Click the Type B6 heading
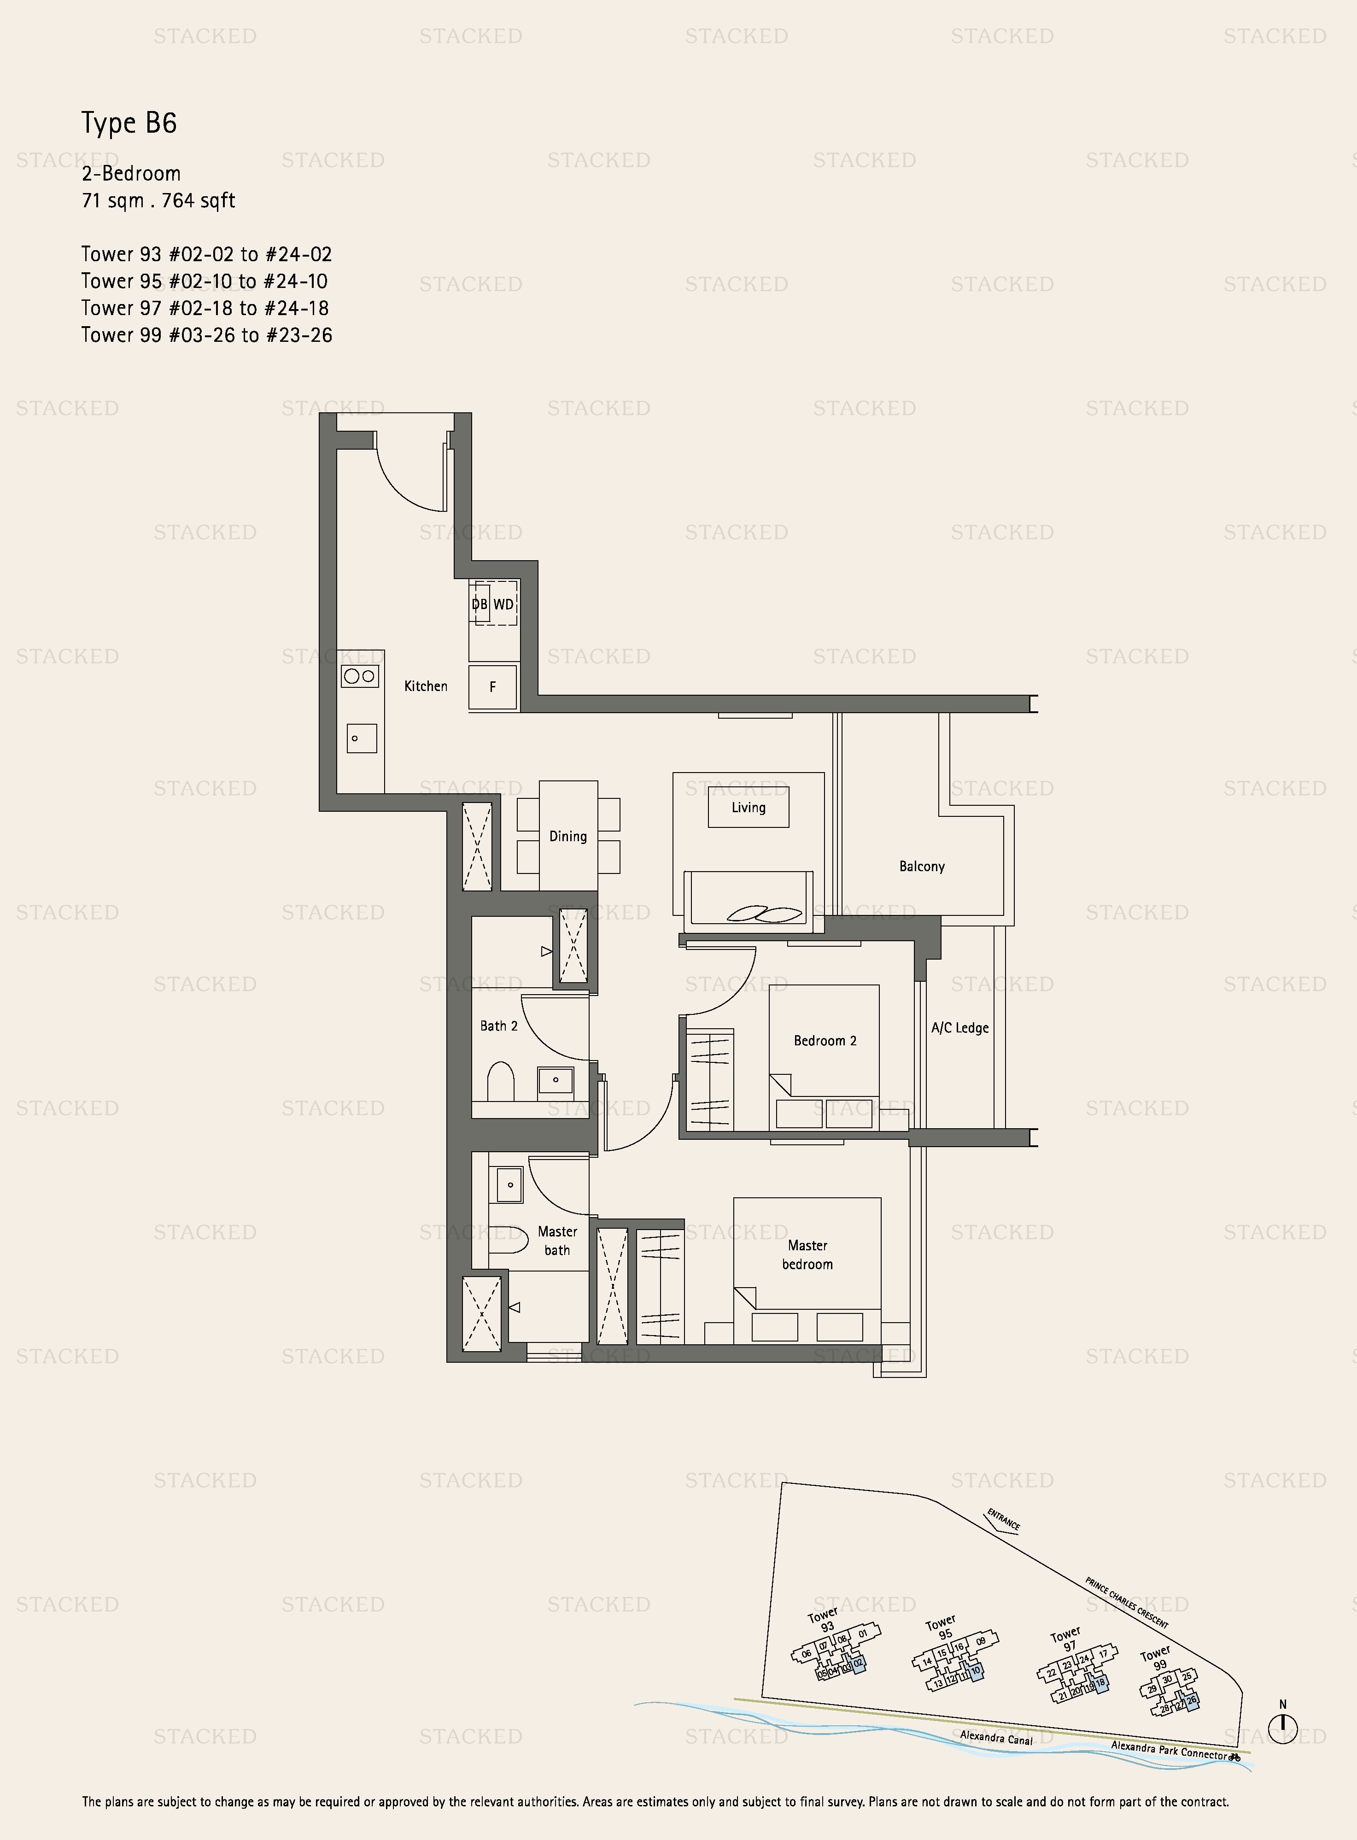[x=129, y=123]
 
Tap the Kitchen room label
[x=426, y=686]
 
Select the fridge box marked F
[x=493, y=687]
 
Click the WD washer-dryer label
[x=503, y=604]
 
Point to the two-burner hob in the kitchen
[x=360, y=676]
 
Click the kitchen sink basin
[x=362, y=738]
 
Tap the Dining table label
[x=567, y=836]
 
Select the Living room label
[x=749, y=808]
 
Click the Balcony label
[x=922, y=867]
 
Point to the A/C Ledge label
[x=959, y=1028]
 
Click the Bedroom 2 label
[x=825, y=1041]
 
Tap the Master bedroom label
[x=807, y=1254]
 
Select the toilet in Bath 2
[x=500, y=1081]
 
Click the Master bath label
[x=557, y=1240]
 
